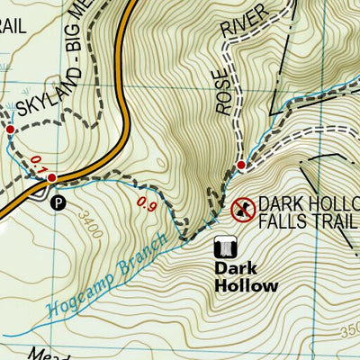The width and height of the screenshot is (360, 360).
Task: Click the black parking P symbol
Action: click(58, 203)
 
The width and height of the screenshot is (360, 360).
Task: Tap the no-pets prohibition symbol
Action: click(240, 211)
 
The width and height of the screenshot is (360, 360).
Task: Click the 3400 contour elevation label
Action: click(90, 226)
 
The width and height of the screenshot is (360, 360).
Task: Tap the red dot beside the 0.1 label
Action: click(52, 177)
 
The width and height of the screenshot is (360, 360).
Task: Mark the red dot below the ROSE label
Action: click(241, 166)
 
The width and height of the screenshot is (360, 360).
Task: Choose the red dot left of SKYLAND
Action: click(10, 130)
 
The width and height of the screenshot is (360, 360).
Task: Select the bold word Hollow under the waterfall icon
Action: click(246, 285)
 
